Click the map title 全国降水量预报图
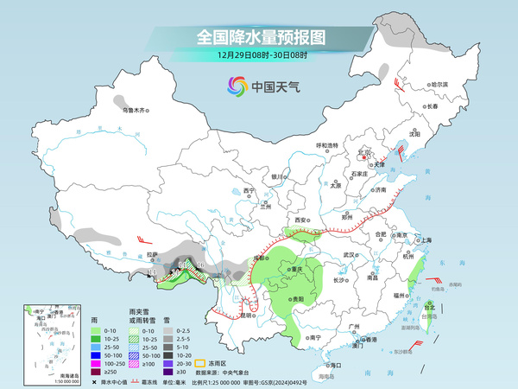[x=260, y=37]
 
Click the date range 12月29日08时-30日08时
[x=260, y=54]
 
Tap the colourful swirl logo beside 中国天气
[x=235, y=86]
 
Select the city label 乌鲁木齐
[x=134, y=110]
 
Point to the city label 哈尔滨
[x=440, y=85]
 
